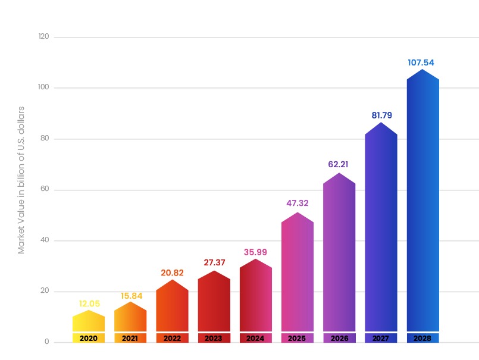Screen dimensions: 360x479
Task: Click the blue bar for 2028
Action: click(422, 202)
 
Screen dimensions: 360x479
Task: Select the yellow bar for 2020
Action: click(89, 323)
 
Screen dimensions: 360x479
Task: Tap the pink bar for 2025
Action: click(297, 274)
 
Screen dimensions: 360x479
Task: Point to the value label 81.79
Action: click(380, 115)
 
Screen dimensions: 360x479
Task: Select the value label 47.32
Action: click(298, 203)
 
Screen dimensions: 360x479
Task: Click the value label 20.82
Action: click(173, 273)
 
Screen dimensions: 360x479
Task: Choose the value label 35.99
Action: click(256, 252)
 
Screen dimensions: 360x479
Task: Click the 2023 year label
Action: click(214, 338)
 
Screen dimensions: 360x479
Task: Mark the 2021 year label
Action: click(130, 338)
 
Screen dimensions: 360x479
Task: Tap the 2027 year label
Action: click(381, 338)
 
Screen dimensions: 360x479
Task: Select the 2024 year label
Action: click(255, 338)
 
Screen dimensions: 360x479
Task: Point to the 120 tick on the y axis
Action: click(43, 37)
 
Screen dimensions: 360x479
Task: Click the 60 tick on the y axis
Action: click(45, 190)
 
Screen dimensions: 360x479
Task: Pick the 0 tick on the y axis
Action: click(46, 342)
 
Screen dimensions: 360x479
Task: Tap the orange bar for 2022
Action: click(172, 306)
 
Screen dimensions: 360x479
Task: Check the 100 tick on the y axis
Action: click(43, 88)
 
